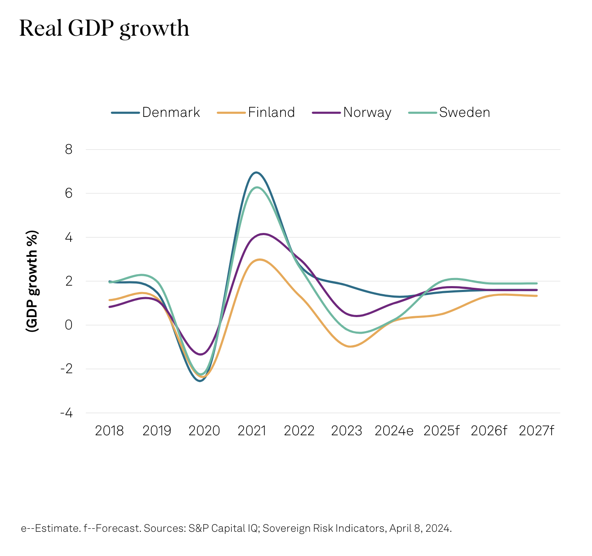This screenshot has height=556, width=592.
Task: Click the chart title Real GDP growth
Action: click(x=104, y=29)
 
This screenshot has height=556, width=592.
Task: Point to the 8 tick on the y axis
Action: click(x=68, y=150)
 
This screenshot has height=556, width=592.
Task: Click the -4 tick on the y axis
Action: click(x=66, y=413)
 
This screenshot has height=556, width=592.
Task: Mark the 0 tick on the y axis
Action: click(x=68, y=325)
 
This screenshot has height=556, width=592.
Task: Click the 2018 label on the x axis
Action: click(x=109, y=431)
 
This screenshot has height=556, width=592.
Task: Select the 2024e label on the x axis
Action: click(x=394, y=431)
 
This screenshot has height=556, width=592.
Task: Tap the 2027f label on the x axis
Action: click(x=537, y=431)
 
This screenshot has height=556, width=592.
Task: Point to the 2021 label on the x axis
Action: click(x=252, y=431)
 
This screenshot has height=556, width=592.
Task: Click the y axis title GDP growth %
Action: click(x=32, y=281)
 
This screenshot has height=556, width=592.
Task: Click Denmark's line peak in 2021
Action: click(x=256, y=173)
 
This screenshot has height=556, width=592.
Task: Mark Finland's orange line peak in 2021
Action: click(x=259, y=259)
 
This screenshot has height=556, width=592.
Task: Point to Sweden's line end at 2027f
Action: click(x=537, y=284)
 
